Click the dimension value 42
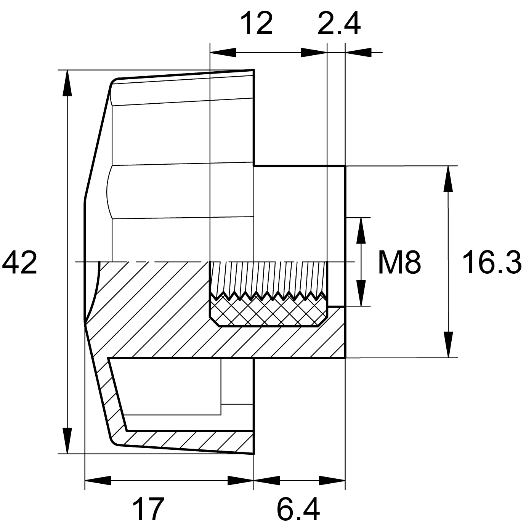(19, 263)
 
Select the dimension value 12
(257, 24)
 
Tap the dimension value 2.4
(339, 24)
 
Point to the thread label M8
(399, 263)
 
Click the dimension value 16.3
(492, 263)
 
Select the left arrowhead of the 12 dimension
(223, 52)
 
